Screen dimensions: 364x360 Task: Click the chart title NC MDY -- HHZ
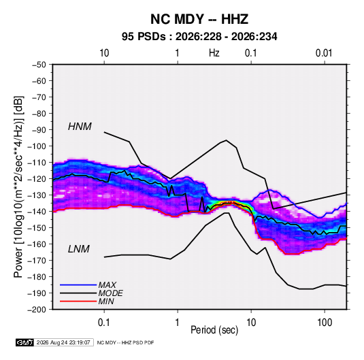(199, 19)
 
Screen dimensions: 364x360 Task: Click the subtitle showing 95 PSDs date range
(199, 37)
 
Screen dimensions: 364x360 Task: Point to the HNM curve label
(80, 127)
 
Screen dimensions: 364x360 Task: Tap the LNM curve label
(79, 249)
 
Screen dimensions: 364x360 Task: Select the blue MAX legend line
(78, 284)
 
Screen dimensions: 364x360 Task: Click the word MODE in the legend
(110, 293)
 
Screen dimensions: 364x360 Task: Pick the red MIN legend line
(78, 301)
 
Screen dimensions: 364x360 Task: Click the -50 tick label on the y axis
(39, 65)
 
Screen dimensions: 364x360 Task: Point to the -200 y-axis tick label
(37, 310)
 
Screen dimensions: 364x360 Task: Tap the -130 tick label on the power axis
(37, 195)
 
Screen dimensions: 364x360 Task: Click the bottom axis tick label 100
(325, 323)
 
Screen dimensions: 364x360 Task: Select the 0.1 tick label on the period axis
(104, 323)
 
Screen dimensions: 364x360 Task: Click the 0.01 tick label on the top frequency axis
(324, 53)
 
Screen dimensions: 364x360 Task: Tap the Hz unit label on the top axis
(214, 53)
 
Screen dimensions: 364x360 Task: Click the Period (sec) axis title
(214, 330)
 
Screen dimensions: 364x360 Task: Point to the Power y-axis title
(18, 186)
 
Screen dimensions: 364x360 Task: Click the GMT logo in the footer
(25, 342)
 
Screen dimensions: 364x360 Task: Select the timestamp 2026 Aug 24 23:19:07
(63, 342)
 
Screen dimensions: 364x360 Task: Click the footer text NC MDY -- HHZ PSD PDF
(125, 342)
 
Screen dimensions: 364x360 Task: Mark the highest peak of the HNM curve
(226, 140)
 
